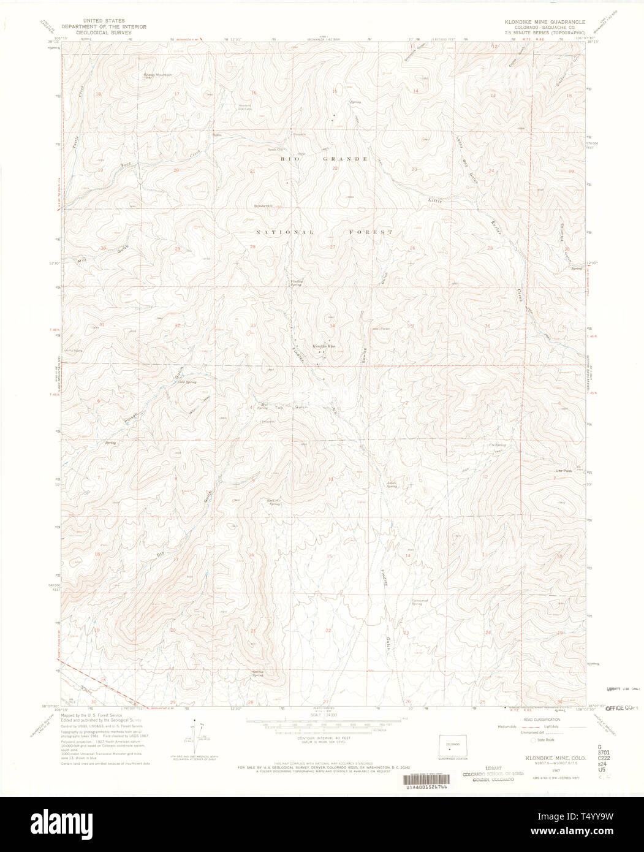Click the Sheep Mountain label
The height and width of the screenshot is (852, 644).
157,75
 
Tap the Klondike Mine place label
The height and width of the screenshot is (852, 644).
324,346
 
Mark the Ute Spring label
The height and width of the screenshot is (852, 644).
497,445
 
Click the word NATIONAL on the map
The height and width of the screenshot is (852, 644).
284,232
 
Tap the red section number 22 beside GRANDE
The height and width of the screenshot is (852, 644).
335,168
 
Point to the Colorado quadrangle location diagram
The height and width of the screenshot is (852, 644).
453,746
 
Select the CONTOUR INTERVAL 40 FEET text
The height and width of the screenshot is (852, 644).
313,739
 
